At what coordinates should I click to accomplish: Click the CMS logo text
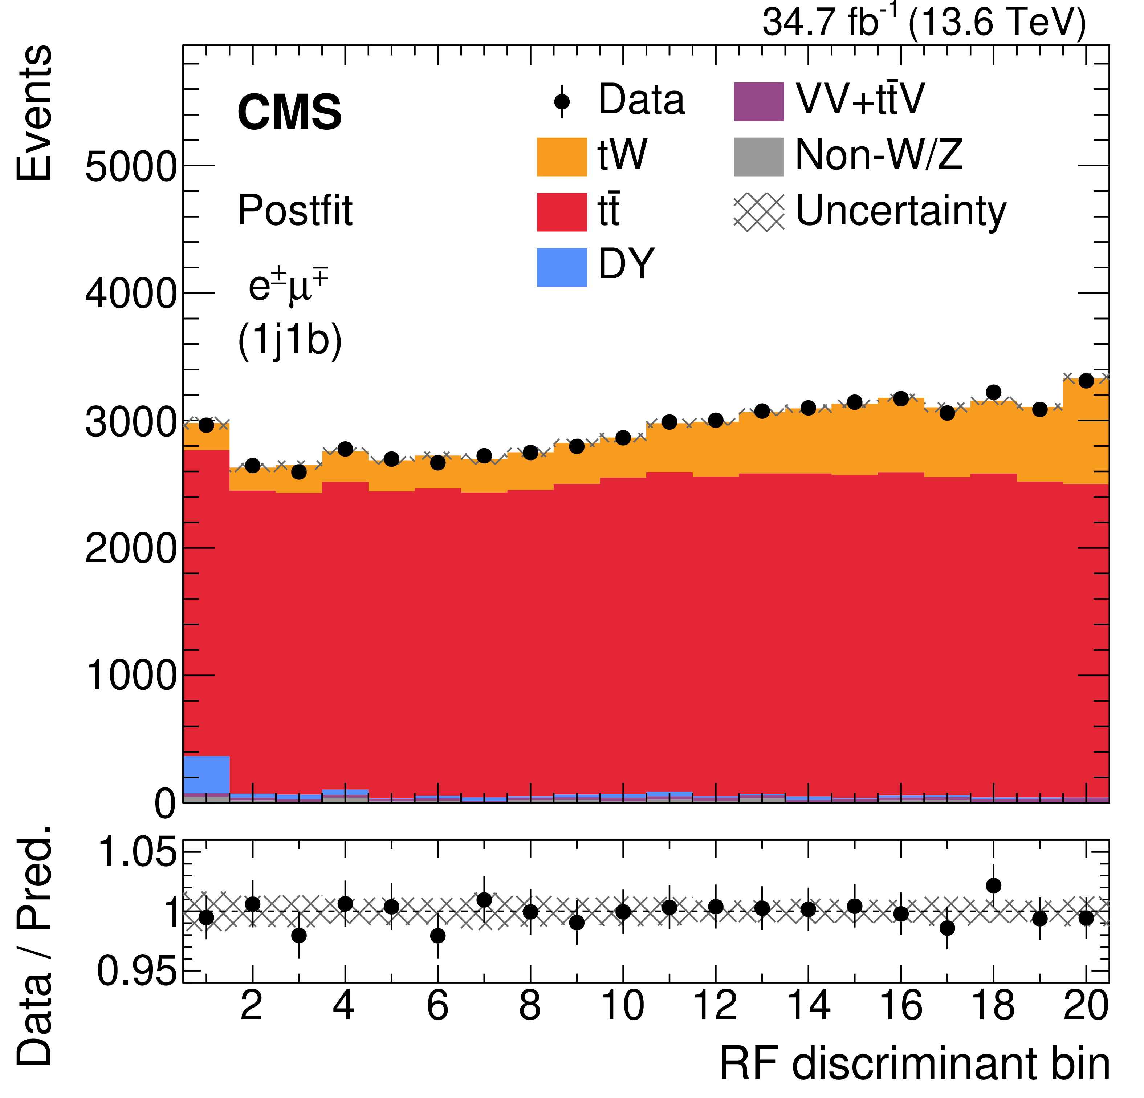tap(289, 112)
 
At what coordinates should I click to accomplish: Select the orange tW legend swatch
tap(562, 157)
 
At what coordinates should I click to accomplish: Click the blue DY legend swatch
tap(562, 267)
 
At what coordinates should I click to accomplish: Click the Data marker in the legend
tap(562, 102)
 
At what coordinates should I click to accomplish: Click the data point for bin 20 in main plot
tap(1086, 381)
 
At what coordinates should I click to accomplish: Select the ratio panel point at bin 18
tap(993, 886)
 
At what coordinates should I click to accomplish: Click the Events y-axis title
tap(34, 114)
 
